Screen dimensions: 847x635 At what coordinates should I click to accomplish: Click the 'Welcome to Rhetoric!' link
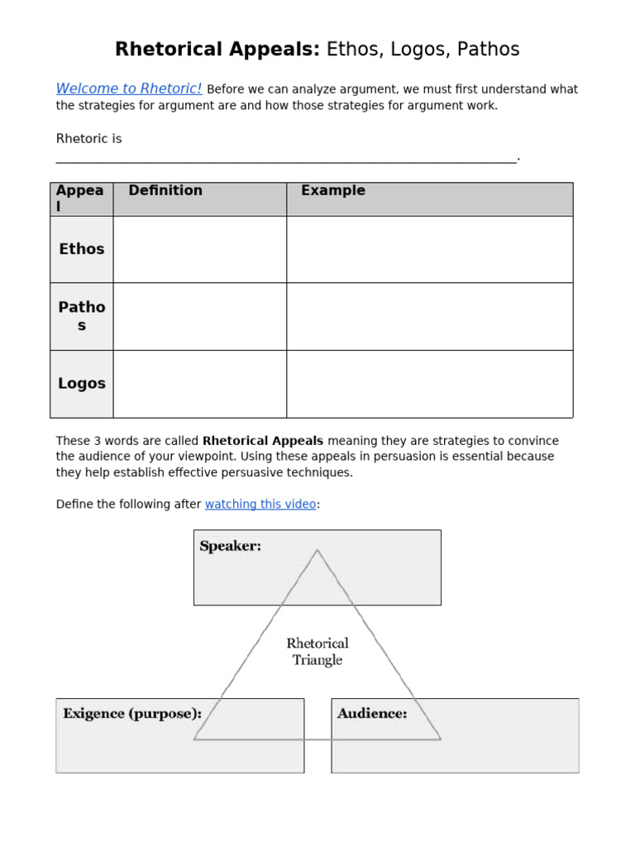coord(128,89)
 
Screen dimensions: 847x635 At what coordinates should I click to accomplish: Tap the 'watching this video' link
coord(260,504)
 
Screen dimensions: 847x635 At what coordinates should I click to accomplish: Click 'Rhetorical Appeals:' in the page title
coord(217,50)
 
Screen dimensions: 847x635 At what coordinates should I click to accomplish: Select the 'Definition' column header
coord(165,191)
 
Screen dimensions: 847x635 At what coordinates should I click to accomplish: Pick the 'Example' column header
coord(333,191)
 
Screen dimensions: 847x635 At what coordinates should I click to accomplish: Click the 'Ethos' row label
coord(82,249)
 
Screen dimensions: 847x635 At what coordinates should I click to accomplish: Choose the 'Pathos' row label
coord(82,316)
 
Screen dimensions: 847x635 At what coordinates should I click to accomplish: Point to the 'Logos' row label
coord(82,384)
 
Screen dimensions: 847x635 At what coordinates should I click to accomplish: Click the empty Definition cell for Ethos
coord(199,249)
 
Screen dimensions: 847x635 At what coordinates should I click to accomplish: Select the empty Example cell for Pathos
coord(429,316)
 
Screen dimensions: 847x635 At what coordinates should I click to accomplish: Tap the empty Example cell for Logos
coord(429,384)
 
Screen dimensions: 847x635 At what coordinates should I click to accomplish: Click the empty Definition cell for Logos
coord(199,384)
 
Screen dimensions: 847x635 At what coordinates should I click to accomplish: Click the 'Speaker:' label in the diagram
coord(231,547)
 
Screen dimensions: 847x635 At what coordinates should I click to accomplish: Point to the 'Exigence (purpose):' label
coord(132,713)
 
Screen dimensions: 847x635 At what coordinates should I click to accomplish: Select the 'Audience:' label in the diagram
coord(372,713)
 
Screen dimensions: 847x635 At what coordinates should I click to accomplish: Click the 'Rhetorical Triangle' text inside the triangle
coord(317,652)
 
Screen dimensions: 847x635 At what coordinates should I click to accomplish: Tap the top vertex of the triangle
coord(317,550)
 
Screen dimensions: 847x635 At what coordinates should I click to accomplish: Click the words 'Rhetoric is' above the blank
coord(88,139)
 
